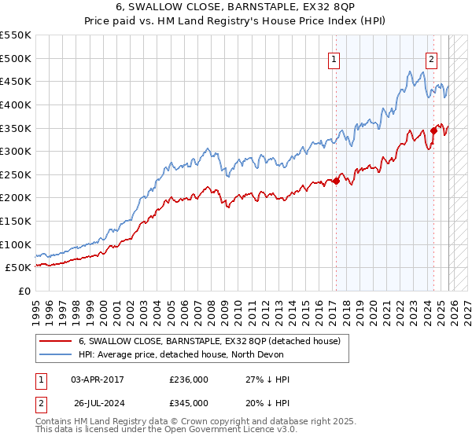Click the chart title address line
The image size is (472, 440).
236,8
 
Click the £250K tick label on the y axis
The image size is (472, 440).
16,174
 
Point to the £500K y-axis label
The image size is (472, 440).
16,58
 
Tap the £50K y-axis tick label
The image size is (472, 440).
19,268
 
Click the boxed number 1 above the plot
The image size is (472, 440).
334,58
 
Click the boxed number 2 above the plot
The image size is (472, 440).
432,58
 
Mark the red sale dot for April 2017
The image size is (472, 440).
336,181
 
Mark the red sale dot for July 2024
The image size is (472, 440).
433,130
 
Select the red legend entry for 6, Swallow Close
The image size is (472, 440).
209,341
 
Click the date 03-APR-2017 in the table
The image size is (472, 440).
98,379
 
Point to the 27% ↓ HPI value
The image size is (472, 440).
267,379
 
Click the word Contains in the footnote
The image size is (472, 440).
53,423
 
